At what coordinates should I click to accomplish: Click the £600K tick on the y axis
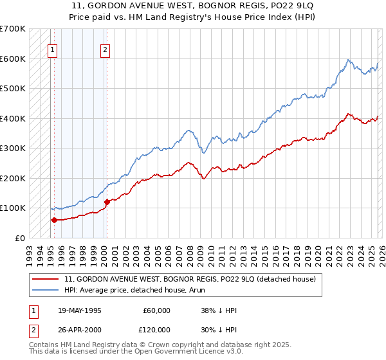coord(13,59)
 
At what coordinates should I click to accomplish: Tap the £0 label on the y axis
coord(19,238)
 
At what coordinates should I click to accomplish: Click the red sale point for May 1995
coord(54,220)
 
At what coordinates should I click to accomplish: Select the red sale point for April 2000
coord(107,202)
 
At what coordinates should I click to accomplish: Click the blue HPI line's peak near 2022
coord(348,60)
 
